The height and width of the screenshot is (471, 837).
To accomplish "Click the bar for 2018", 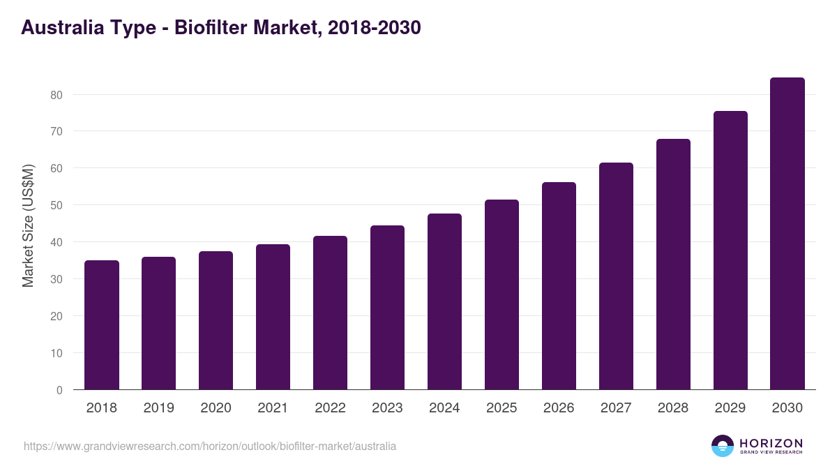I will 102,325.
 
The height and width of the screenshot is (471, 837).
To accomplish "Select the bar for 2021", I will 273,317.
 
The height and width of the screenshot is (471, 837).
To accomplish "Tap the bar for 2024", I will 444,301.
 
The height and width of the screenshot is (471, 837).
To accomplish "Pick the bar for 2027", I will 616,276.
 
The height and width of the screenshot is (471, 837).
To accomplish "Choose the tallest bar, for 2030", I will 787,234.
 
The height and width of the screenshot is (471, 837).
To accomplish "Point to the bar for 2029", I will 730,251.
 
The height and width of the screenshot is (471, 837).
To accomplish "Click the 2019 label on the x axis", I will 159,408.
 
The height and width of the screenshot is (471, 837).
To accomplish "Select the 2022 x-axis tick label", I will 330,408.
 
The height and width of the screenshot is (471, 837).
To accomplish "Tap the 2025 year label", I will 502,408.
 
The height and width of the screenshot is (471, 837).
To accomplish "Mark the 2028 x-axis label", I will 673,408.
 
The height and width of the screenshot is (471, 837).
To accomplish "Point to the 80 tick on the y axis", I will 56,95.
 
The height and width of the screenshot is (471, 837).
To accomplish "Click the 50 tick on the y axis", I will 56,205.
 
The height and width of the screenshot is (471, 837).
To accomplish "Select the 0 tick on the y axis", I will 59,390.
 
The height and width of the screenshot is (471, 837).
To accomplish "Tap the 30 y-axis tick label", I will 56,279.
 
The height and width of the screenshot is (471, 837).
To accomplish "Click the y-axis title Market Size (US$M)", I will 29,225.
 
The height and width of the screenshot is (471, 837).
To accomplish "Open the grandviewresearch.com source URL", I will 210,446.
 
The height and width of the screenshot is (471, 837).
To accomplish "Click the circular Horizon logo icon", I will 723,446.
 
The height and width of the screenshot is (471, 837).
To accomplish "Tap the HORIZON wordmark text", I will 771,442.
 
